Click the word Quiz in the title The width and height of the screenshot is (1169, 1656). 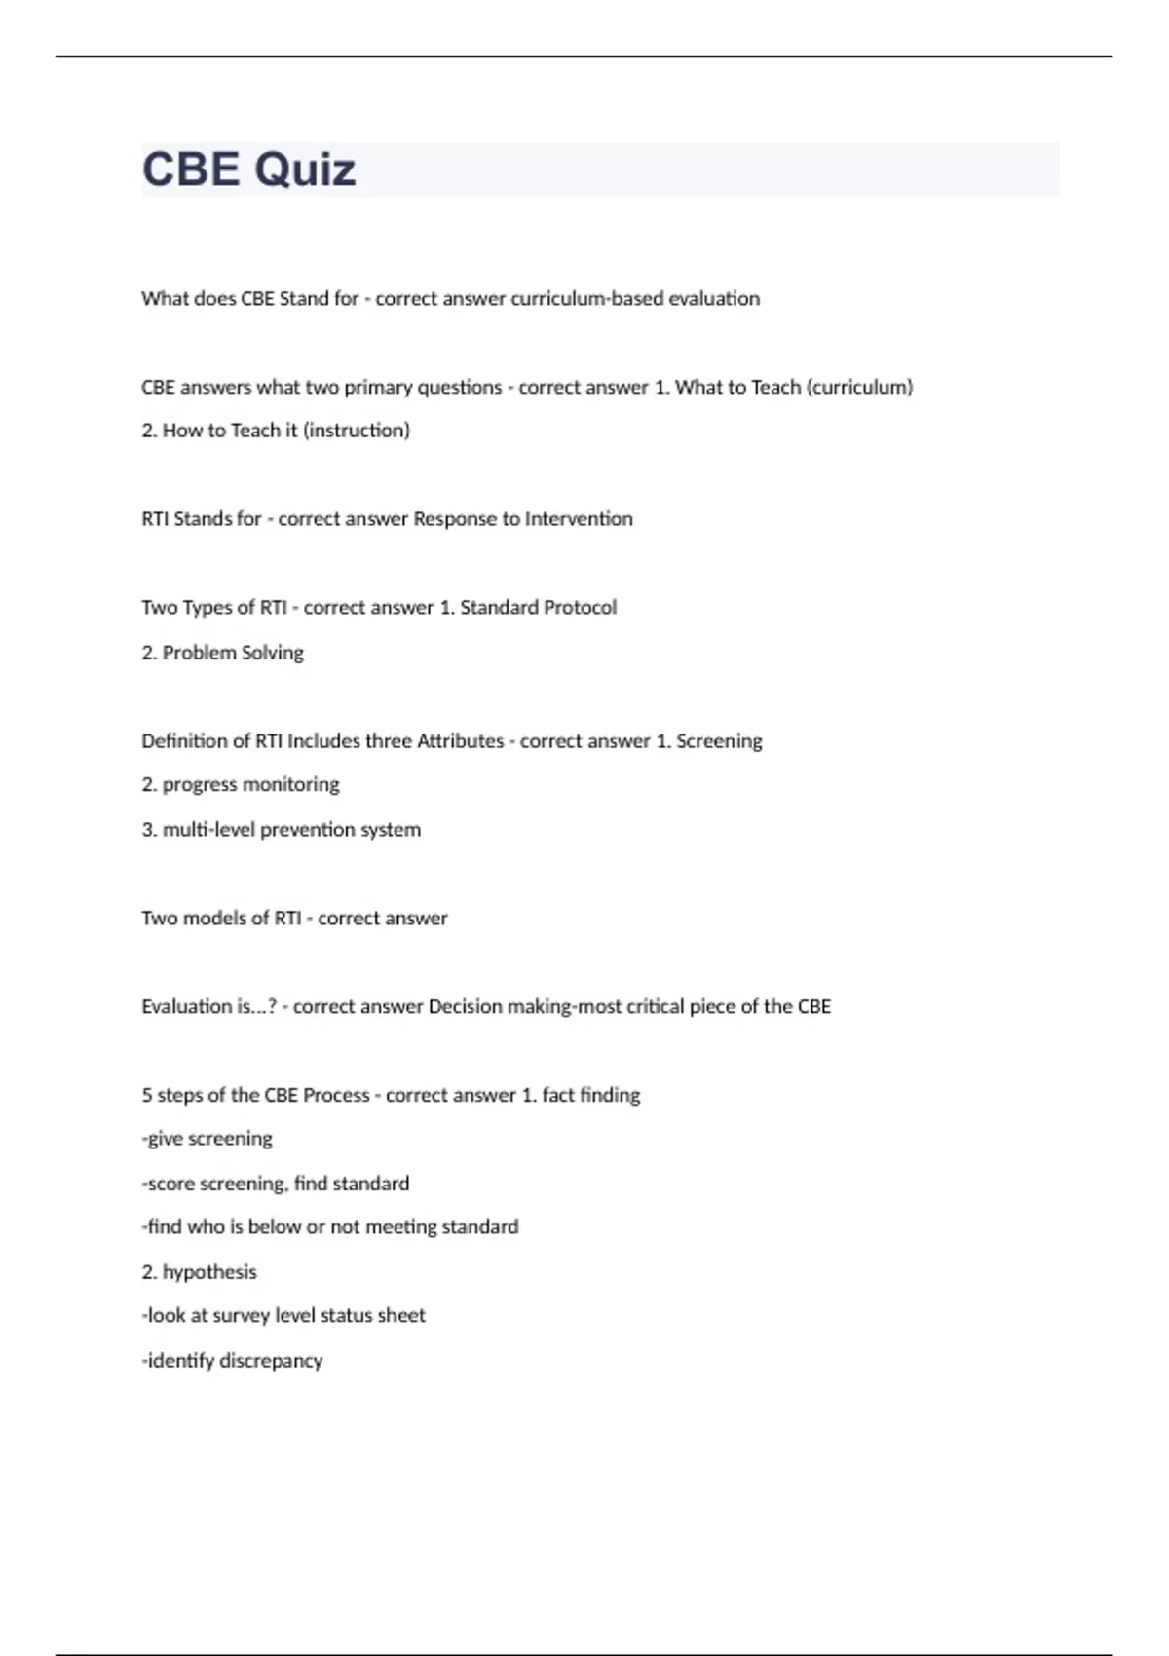[x=305, y=169]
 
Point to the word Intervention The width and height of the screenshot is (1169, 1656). [x=579, y=519]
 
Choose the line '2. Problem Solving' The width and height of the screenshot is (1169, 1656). [x=222, y=653]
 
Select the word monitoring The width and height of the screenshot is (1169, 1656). [x=291, y=785]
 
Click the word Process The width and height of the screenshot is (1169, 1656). [x=336, y=1096]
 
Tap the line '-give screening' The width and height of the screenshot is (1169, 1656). [x=207, y=1139]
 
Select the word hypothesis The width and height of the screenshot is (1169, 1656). [x=208, y=1272]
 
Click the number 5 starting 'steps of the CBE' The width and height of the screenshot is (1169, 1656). [x=146, y=1096]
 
